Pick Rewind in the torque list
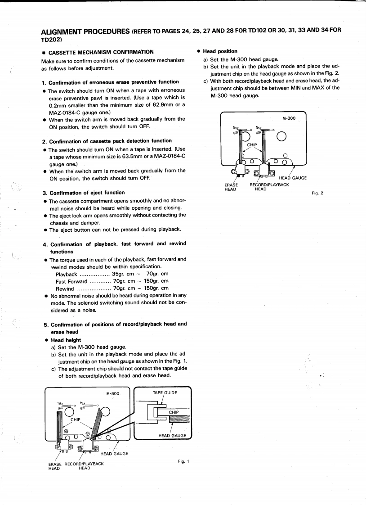(65, 288)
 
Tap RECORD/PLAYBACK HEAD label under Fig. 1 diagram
(84, 466)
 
